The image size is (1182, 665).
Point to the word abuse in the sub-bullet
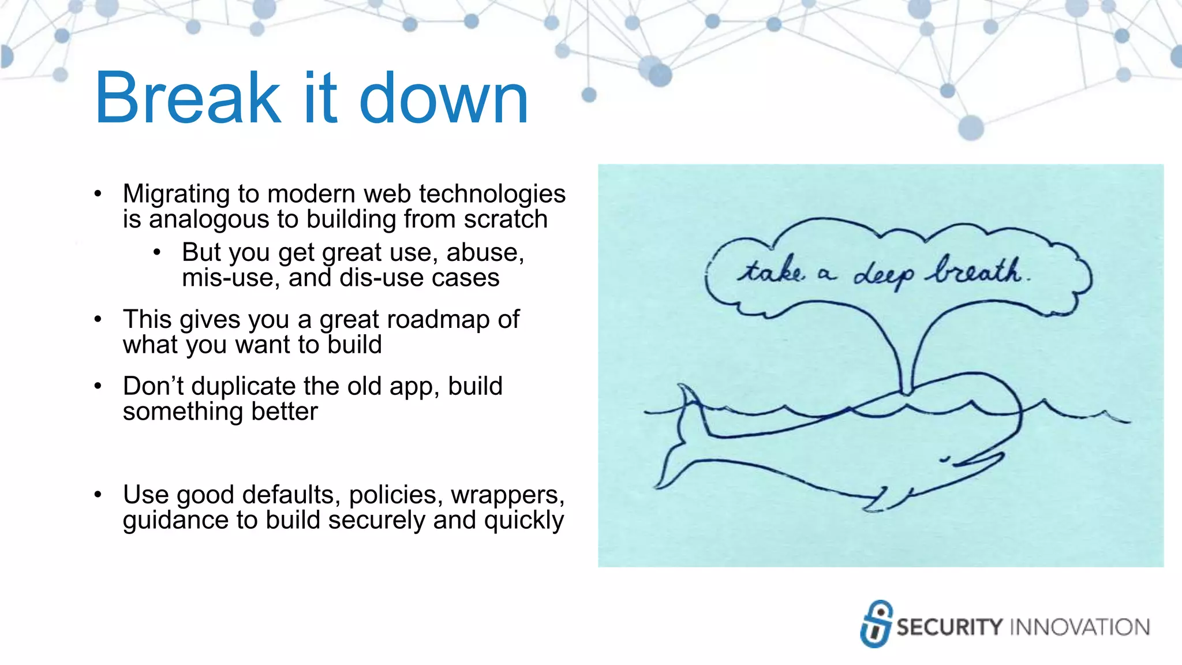(x=484, y=253)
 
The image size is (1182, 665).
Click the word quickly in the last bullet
(x=523, y=520)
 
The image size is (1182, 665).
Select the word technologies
(x=492, y=194)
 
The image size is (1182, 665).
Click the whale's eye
(x=945, y=460)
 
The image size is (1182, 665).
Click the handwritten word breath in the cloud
(x=977, y=271)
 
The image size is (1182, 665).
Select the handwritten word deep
(x=883, y=275)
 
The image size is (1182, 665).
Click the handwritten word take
(x=770, y=271)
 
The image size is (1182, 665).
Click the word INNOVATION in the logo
(x=1080, y=627)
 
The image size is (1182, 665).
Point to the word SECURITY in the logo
(x=949, y=627)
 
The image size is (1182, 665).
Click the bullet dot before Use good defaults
(x=98, y=495)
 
